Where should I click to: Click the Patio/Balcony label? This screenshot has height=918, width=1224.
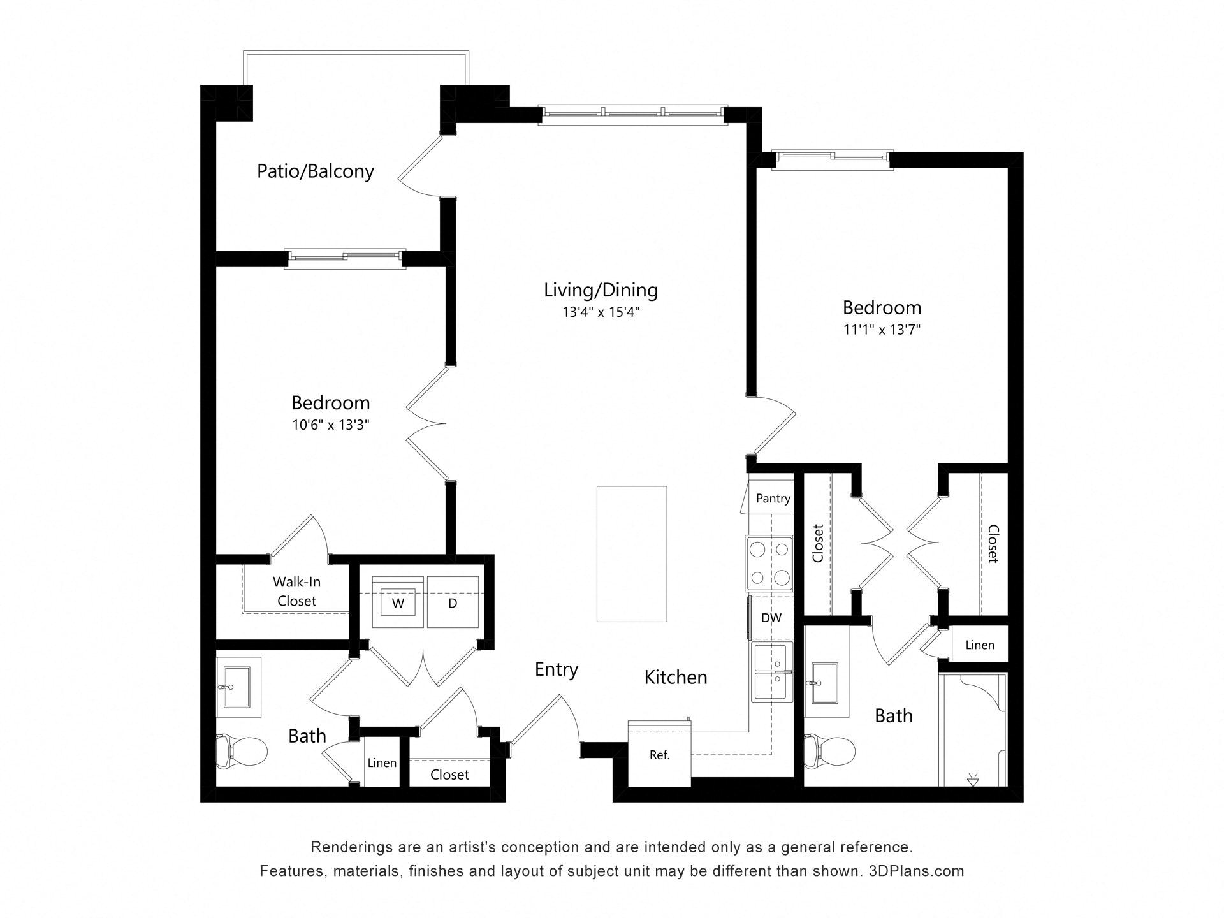coord(315,171)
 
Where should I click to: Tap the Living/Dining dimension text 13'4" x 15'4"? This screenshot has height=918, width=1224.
coord(601,312)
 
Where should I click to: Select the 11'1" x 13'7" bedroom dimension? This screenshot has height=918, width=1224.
coord(882,330)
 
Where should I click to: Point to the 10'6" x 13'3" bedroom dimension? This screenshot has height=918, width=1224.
coord(331,425)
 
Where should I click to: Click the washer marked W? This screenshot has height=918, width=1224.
coord(398,602)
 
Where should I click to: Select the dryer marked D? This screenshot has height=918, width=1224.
coord(453,602)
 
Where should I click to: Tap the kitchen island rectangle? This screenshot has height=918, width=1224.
coord(632,554)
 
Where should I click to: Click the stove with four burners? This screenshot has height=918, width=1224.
coord(769,564)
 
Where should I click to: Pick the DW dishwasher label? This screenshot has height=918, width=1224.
coord(771,618)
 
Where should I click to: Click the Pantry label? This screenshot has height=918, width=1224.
coord(773,499)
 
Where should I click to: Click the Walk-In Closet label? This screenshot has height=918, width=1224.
coord(296,592)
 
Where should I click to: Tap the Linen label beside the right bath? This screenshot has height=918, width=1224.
coord(980,645)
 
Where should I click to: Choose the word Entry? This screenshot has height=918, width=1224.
coord(557,670)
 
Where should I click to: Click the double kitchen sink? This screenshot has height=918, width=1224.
coord(773,672)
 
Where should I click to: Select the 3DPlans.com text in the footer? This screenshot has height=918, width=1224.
coord(916,871)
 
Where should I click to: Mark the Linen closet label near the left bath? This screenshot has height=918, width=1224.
coord(382,763)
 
